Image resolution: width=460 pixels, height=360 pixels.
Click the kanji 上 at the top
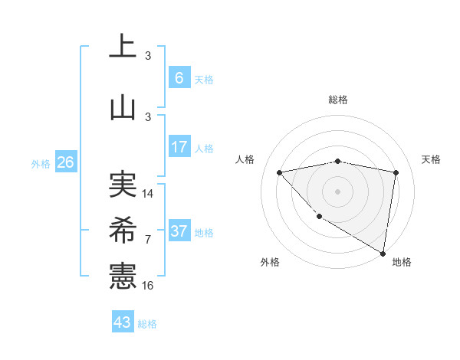tap(123, 46)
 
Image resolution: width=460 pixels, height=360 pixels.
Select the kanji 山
tap(123, 107)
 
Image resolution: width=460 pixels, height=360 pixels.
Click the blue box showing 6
tap(179, 78)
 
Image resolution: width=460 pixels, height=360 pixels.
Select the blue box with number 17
tap(179, 147)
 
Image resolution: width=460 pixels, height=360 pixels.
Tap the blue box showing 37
tap(179, 231)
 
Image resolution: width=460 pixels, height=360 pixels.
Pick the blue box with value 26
tap(65, 162)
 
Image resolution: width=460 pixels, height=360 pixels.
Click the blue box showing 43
tap(123, 322)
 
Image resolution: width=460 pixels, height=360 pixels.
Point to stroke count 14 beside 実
tap(148, 194)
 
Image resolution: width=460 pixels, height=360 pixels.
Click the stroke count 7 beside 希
tap(148, 240)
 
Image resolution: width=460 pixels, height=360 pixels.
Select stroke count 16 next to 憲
tap(148, 286)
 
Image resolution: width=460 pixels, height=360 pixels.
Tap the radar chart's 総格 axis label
tap(338, 100)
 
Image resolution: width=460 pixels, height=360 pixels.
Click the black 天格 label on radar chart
tap(432, 159)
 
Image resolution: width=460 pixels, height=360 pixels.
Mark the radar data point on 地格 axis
tap(383, 253)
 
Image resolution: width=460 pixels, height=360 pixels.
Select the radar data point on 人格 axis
tap(280, 172)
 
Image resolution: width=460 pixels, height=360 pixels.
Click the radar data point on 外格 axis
tap(319, 217)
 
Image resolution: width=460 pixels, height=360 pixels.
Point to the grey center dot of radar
tap(338, 191)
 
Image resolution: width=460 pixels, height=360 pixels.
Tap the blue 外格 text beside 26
tap(41, 163)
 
